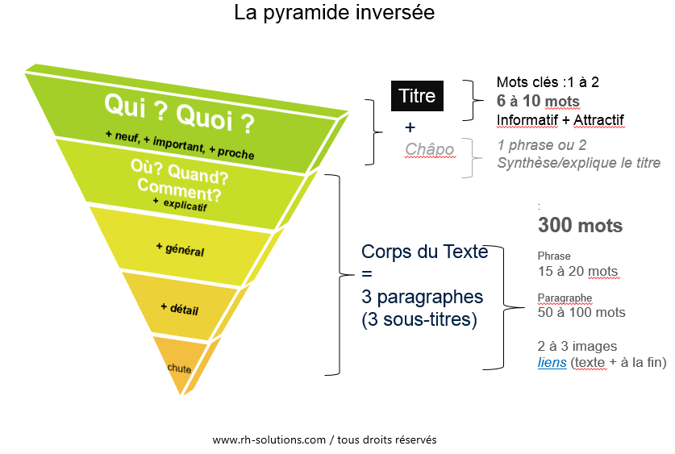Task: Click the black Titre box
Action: click(417, 95)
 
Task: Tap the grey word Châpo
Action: click(430, 149)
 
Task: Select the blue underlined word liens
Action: click(552, 362)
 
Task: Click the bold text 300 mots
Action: click(581, 225)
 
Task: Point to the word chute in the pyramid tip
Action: click(179, 368)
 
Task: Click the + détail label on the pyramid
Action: click(180, 309)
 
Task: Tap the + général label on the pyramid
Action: click(180, 248)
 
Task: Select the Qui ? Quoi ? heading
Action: click(179, 113)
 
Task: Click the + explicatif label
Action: click(180, 205)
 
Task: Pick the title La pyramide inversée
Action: click(335, 13)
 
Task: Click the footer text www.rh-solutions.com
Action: click(269, 439)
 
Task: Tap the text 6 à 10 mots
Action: click(538, 101)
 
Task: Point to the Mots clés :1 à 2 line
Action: click(548, 81)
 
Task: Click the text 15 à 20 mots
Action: click(577, 271)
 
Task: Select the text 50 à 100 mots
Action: click(581, 312)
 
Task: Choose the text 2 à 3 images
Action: click(577, 346)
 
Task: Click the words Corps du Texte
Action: click(425, 252)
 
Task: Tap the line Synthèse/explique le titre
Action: click(578, 163)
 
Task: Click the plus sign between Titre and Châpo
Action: click(410, 127)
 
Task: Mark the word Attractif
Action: click(599, 120)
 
